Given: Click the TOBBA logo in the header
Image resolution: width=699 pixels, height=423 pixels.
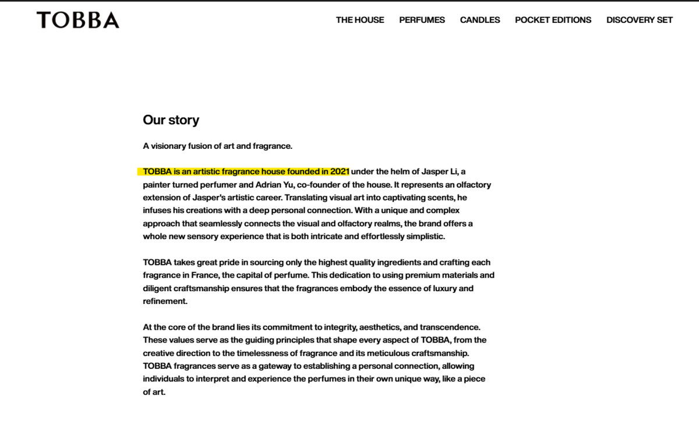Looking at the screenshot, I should coord(78,20).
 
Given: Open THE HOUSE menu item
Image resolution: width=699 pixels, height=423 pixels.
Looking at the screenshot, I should coord(360,20).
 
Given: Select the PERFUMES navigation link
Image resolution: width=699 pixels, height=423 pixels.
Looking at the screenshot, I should coord(422,20).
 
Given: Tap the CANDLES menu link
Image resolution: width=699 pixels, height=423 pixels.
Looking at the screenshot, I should coord(480,20).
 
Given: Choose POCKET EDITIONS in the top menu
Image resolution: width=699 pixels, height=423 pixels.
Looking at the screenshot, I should coord(553,20).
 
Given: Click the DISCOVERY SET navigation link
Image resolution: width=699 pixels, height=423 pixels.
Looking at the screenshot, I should coord(639,20).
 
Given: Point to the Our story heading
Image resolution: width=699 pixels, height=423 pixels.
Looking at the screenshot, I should coord(171,120).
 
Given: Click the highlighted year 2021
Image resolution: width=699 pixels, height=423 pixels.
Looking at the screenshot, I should coord(339,172).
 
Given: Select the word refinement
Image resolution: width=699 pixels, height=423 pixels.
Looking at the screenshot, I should coord(165,301).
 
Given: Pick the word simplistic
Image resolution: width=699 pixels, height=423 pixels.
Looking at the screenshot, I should coord(419,236).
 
